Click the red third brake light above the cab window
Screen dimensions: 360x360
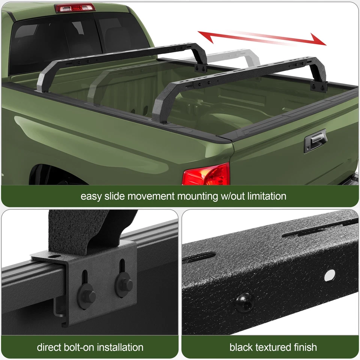tap(75, 7)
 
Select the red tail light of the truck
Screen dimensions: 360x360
tap(206, 174)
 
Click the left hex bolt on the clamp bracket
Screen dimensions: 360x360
tap(87, 296)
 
